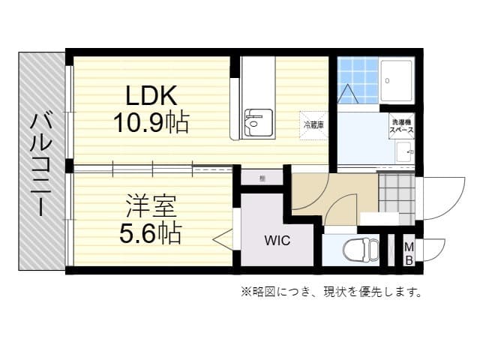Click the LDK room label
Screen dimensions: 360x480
(151, 96)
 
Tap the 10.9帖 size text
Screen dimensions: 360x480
(151, 121)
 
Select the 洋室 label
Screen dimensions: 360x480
(151, 204)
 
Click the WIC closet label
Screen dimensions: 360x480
(276, 242)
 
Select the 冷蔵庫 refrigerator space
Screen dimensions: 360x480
(313, 124)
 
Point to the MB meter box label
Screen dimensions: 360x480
(409, 253)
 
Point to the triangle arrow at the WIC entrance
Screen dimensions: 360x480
(223, 240)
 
